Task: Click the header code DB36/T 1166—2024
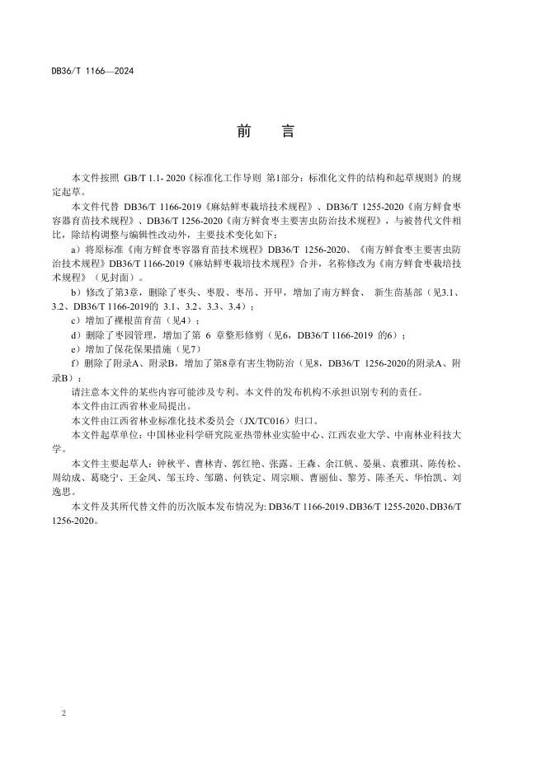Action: click(92, 71)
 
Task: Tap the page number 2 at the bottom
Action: click(64, 712)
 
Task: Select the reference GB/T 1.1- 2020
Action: click(154, 177)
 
